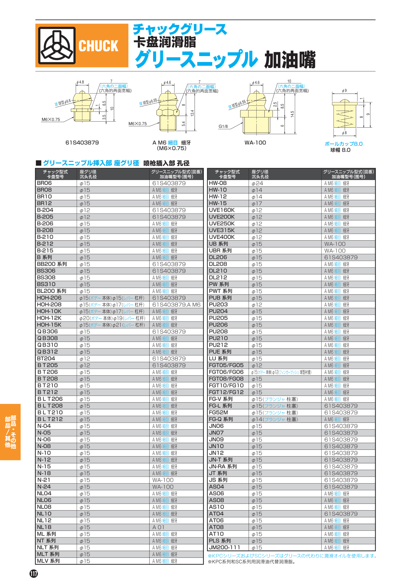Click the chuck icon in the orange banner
(x=57, y=45)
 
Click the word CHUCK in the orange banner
(x=98, y=46)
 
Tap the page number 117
(x=34, y=573)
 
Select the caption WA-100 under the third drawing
(x=255, y=143)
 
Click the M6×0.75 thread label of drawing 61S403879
(x=51, y=120)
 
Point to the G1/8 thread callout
(x=223, y=126)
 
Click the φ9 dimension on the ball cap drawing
(x=344, y=91)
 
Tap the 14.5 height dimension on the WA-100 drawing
(x=292, y=114)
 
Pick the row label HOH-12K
(x=49, y=318)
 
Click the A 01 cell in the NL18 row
(x=158, y=527)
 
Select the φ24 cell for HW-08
(x=257, y=183)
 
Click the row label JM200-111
(x=225, y=548)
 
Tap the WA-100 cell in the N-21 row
(x=163, y=480)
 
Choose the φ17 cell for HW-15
(x=257, y=204)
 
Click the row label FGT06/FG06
(x=226, y=372)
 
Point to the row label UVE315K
(x=222, y=230)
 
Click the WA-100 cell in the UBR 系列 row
(x=335, y=251)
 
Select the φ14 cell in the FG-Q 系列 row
(x=257, y=419)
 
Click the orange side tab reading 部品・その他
(x=10, y=432)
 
